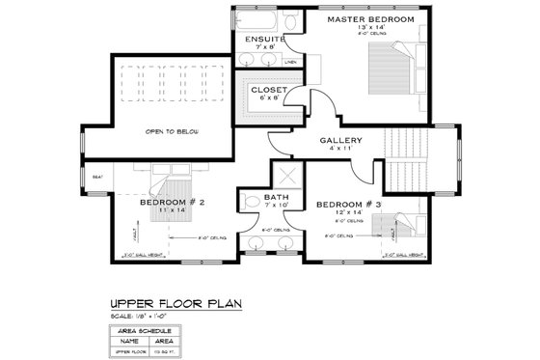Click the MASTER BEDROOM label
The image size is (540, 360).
pyautogui.click(x=370, y=19)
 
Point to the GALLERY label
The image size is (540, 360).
pyautogui.click(x=340, y=141)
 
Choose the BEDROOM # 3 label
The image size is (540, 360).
pyautogui.click(x=349, y=205)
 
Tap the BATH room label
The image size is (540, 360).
pyautogui.click(x=277, y=198)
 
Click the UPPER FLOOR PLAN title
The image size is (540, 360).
pyautogui.click(x=174, y=302)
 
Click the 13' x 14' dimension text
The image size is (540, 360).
pyautogui.click(x=370, y=28)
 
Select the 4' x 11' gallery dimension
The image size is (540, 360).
pyautogui.click(x=340, y=150)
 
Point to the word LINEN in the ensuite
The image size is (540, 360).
pyautogui.click(x=290, y=61)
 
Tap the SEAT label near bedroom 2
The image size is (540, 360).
pyautogui.click(x=96, y=178)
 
